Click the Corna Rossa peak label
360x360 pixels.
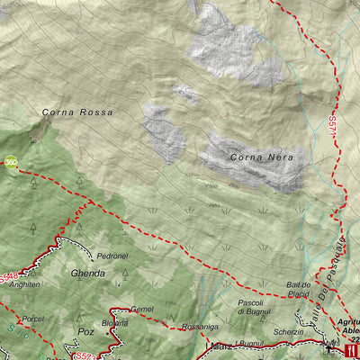[77, 112]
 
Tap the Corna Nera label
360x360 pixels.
[257, 157]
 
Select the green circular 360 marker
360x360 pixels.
[11, 162]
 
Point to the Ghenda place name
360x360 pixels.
[87, 273]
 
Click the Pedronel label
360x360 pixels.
[113, 256]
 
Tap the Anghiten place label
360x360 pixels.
[24, 284]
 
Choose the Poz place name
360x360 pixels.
[85, 331]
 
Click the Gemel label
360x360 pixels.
[141, 309]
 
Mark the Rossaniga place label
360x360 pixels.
[201, 327]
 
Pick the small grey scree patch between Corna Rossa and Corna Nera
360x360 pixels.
[186, 92]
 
